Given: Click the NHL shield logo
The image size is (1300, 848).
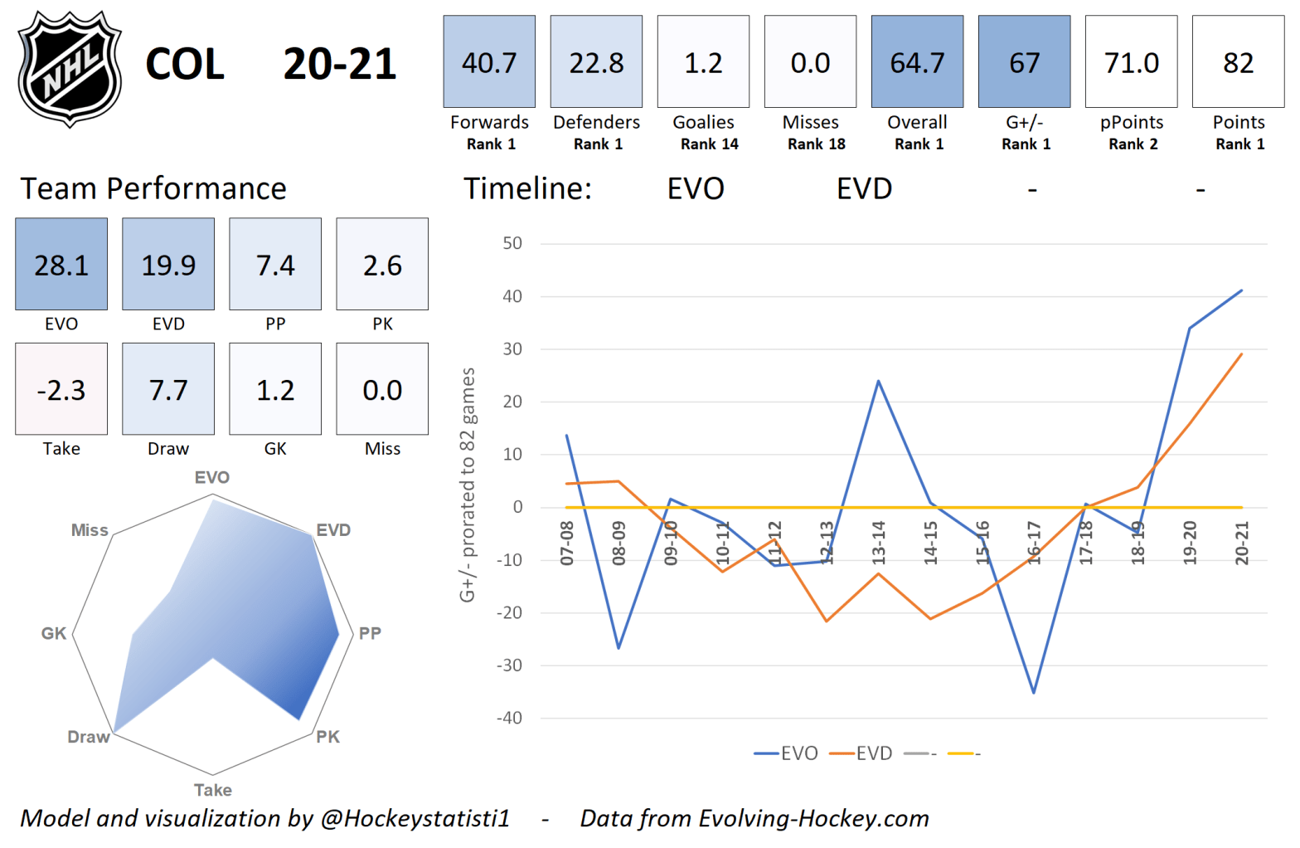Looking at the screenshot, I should click(x=70, y=68).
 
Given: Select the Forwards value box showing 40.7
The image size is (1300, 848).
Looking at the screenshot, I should click(x=489, y=61).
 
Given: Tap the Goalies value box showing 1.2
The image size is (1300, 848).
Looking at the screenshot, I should click(x=703, y=61).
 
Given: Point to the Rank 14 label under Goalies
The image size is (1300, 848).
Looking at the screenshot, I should click(x=709, y=144).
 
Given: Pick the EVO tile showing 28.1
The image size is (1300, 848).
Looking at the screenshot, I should click(x=61, y=264).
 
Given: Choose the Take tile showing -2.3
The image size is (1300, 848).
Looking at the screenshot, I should click(x=61, y=388).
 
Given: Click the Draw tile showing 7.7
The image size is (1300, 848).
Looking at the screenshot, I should click(x=168, y=388).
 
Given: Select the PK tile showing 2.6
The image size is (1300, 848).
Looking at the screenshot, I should click(x=382, y=264).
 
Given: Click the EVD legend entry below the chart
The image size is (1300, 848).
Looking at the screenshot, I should click(x=861, y=753).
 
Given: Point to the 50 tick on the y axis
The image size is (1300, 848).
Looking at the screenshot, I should click(x=512, y=243).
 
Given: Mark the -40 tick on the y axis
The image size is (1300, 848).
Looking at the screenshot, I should click(x=509, y=718).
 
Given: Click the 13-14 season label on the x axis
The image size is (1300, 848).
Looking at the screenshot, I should click(x=878, y=543).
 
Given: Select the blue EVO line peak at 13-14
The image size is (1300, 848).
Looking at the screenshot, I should click(x=878, y=381).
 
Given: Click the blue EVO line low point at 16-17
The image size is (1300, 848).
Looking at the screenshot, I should click(x=1034, y=692).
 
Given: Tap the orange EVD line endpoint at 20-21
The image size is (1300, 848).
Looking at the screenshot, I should click(x=1241, y=354).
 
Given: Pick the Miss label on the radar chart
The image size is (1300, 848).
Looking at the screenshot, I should click(x=90, y=530).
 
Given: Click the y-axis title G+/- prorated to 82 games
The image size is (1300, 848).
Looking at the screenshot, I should click(x=468, y=485).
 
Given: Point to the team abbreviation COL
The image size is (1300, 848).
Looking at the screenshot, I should click(x=185, y=65).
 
